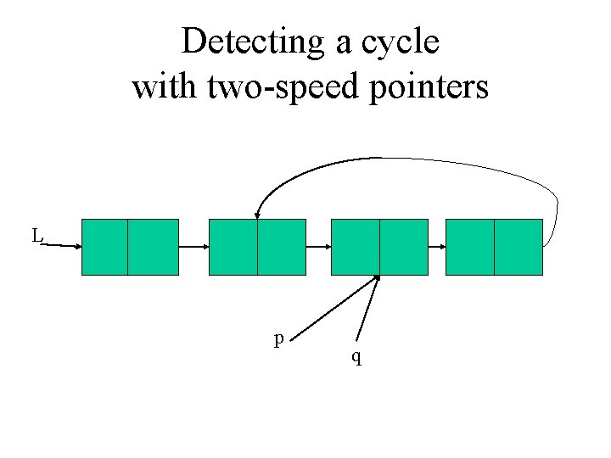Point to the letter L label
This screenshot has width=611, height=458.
[x=36, y=235]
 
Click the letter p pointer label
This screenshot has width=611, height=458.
[x=278, y=340]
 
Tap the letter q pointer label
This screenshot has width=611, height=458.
[x=357, y=358]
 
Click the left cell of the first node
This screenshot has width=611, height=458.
[x=104, y=247]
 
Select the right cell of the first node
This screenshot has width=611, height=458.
[x=154, y=247]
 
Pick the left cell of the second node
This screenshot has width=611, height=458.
[x=233, y=247]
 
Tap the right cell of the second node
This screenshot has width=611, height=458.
[x=281, y=247]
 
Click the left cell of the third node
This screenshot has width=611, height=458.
[x=355, y=247]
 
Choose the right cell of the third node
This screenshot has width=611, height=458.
[x=403, y=247]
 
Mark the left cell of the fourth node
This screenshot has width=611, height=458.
[x=469, y=247]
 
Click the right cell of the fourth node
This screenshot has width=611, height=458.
[x=518, y=247]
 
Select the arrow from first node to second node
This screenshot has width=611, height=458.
[x=193, y=247]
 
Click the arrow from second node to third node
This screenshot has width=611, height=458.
[x=317, y=247]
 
